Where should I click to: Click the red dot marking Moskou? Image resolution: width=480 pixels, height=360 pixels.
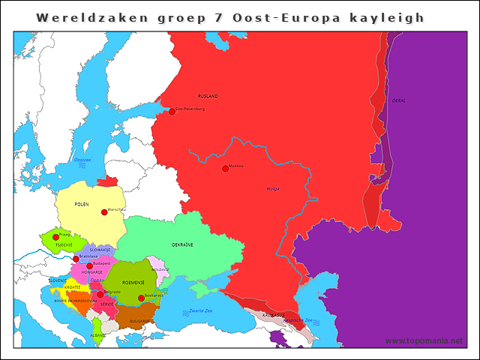point(225,168)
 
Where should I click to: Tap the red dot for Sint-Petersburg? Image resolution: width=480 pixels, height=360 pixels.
point(172,111)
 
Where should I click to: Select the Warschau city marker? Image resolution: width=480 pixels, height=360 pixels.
point(104,212)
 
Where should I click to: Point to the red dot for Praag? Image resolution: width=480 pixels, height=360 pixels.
point(55,237)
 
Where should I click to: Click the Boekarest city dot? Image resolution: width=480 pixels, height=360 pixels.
point(141,298)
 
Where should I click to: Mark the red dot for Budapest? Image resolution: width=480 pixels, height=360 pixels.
point(89,265)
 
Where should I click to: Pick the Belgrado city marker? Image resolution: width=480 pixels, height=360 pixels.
point(100,294)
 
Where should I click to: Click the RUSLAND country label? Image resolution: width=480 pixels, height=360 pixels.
point(208,97)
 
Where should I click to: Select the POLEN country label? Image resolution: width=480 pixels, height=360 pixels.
point(82,204)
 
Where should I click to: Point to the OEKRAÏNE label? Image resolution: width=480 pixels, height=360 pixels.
point(182,245)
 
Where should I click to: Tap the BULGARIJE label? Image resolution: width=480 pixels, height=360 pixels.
point(139,321)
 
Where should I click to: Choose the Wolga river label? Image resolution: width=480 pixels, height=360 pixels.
point(272,188)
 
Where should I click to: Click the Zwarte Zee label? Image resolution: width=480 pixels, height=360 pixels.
point(201,310)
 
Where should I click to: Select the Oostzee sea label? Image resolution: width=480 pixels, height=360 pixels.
point(82,160)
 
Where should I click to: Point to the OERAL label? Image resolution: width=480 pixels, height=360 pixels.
point(399,100)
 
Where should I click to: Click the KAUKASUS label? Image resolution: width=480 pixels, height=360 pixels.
point(273,315)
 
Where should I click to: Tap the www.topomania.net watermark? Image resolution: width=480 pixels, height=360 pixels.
point(424,340)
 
